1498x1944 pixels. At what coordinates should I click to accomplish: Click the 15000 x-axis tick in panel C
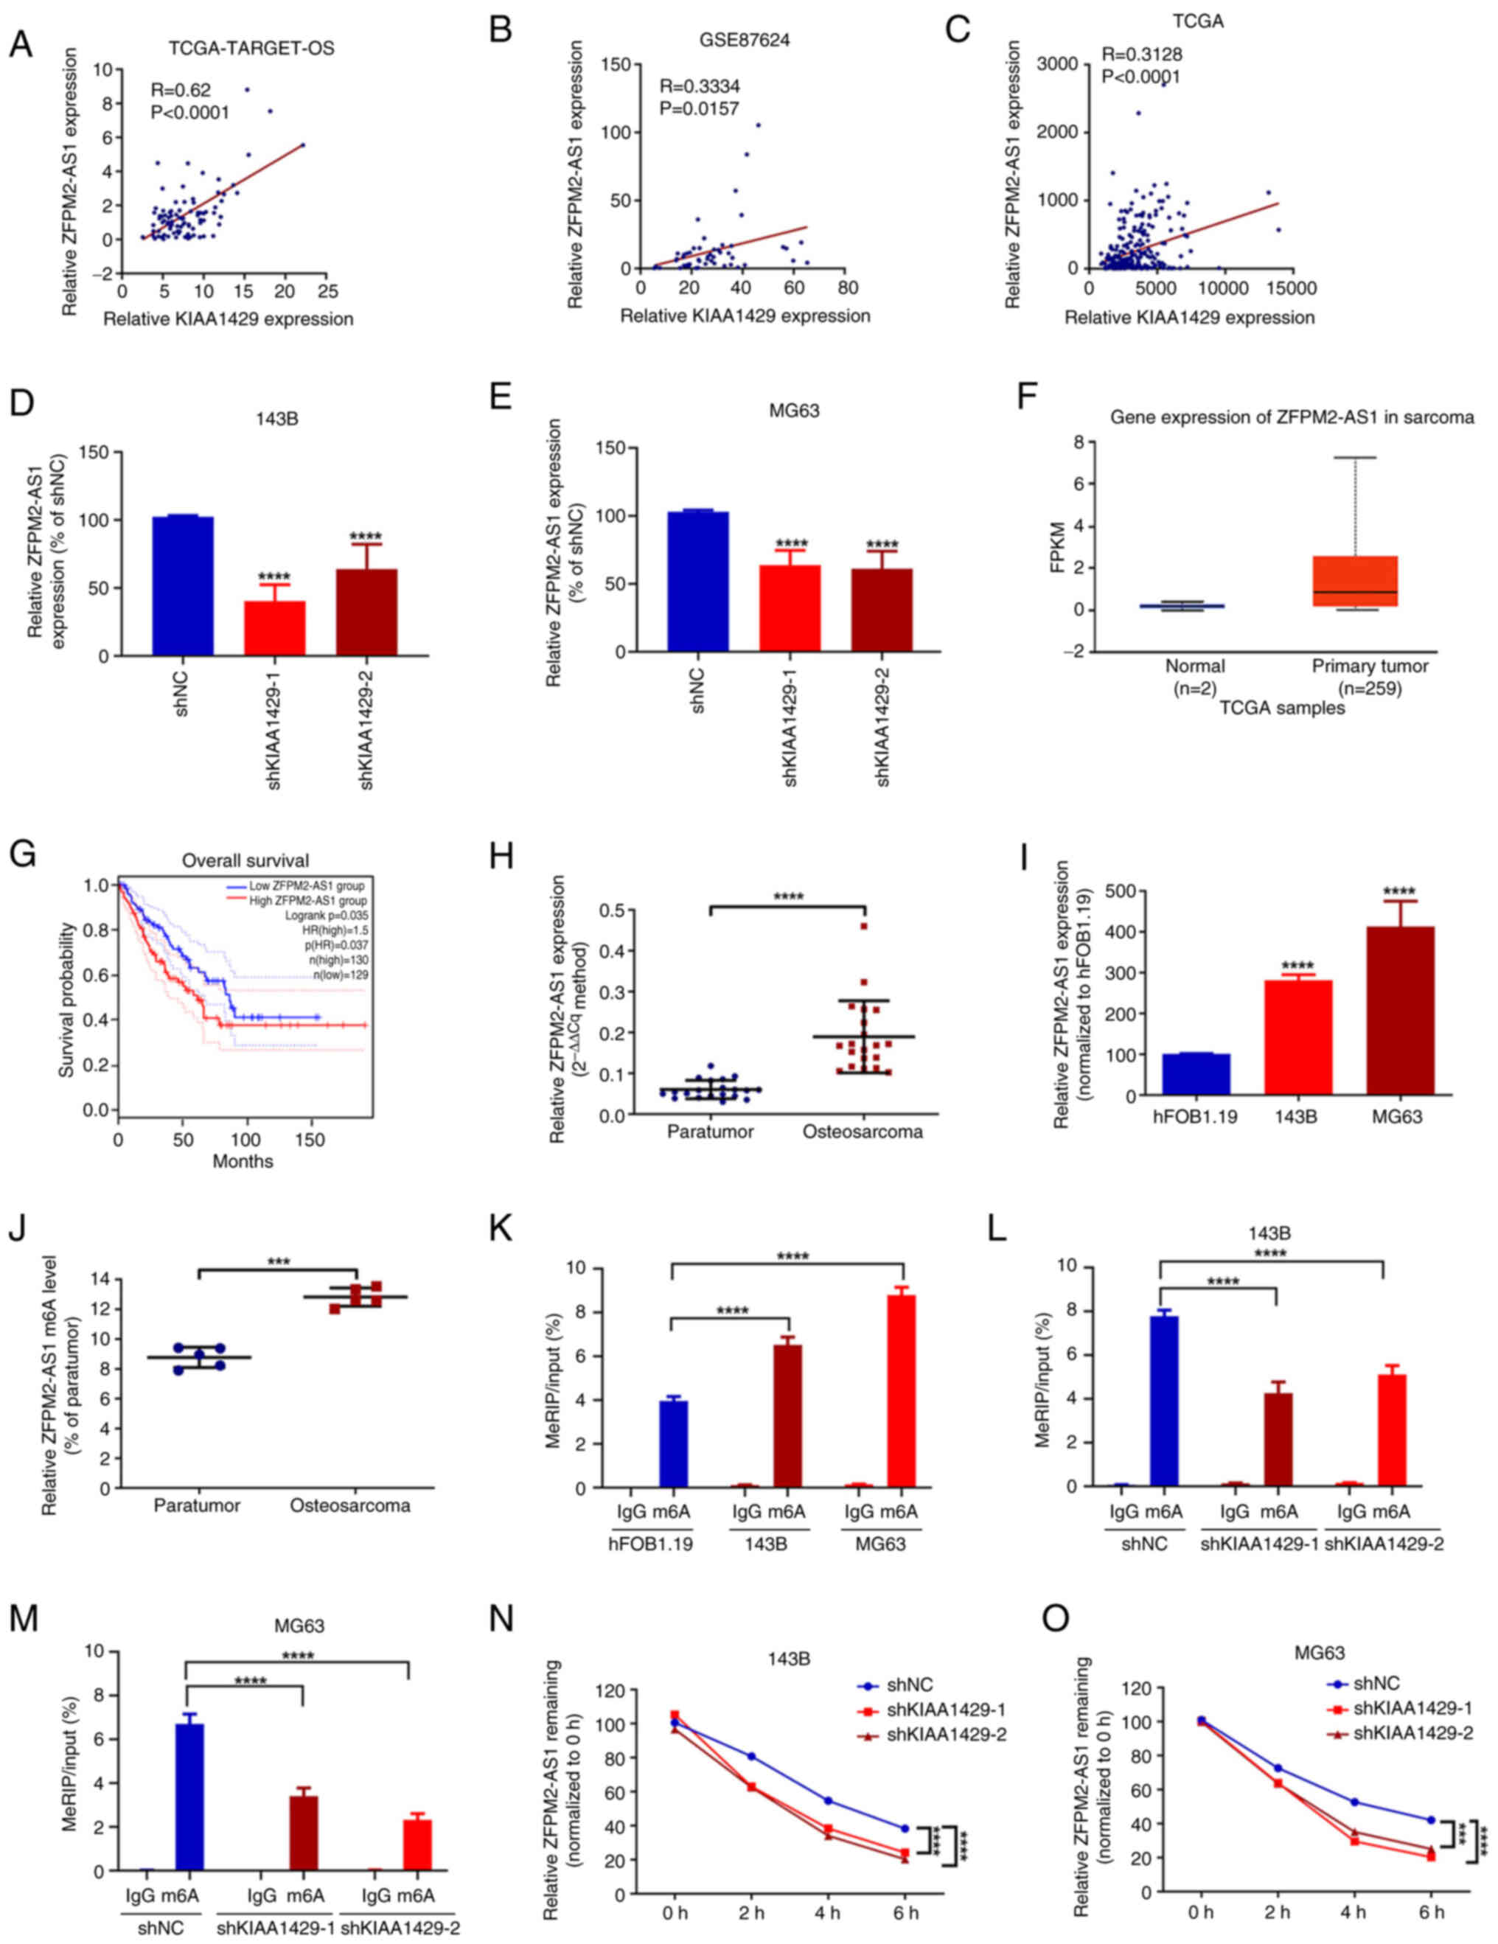pos(1292,288)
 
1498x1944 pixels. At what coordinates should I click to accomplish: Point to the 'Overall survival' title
pos(245,861)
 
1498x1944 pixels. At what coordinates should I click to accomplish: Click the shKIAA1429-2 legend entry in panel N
pos(946,1705)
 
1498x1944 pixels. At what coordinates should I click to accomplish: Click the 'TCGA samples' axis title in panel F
pos(1282,708)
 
